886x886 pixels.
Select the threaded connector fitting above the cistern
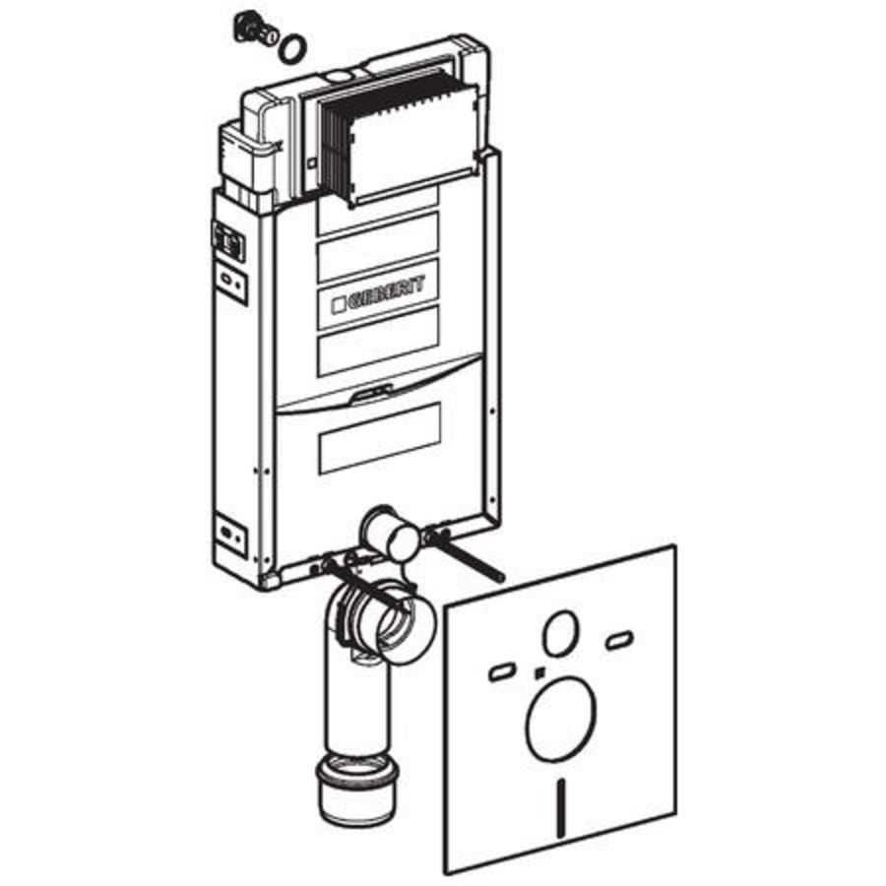pos(255,32)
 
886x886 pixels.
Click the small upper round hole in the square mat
pos(560,633)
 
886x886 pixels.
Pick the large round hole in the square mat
pos(560,718)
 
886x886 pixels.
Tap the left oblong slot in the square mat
pos(501,671)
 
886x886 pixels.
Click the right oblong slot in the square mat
pos(619,640)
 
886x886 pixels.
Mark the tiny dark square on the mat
pos(539,671)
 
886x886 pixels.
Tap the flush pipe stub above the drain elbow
pos(391,534)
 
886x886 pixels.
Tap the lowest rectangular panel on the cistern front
pos(379,438)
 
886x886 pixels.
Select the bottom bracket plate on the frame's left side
pos(231,533)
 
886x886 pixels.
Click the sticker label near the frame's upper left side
pos(227,241)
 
